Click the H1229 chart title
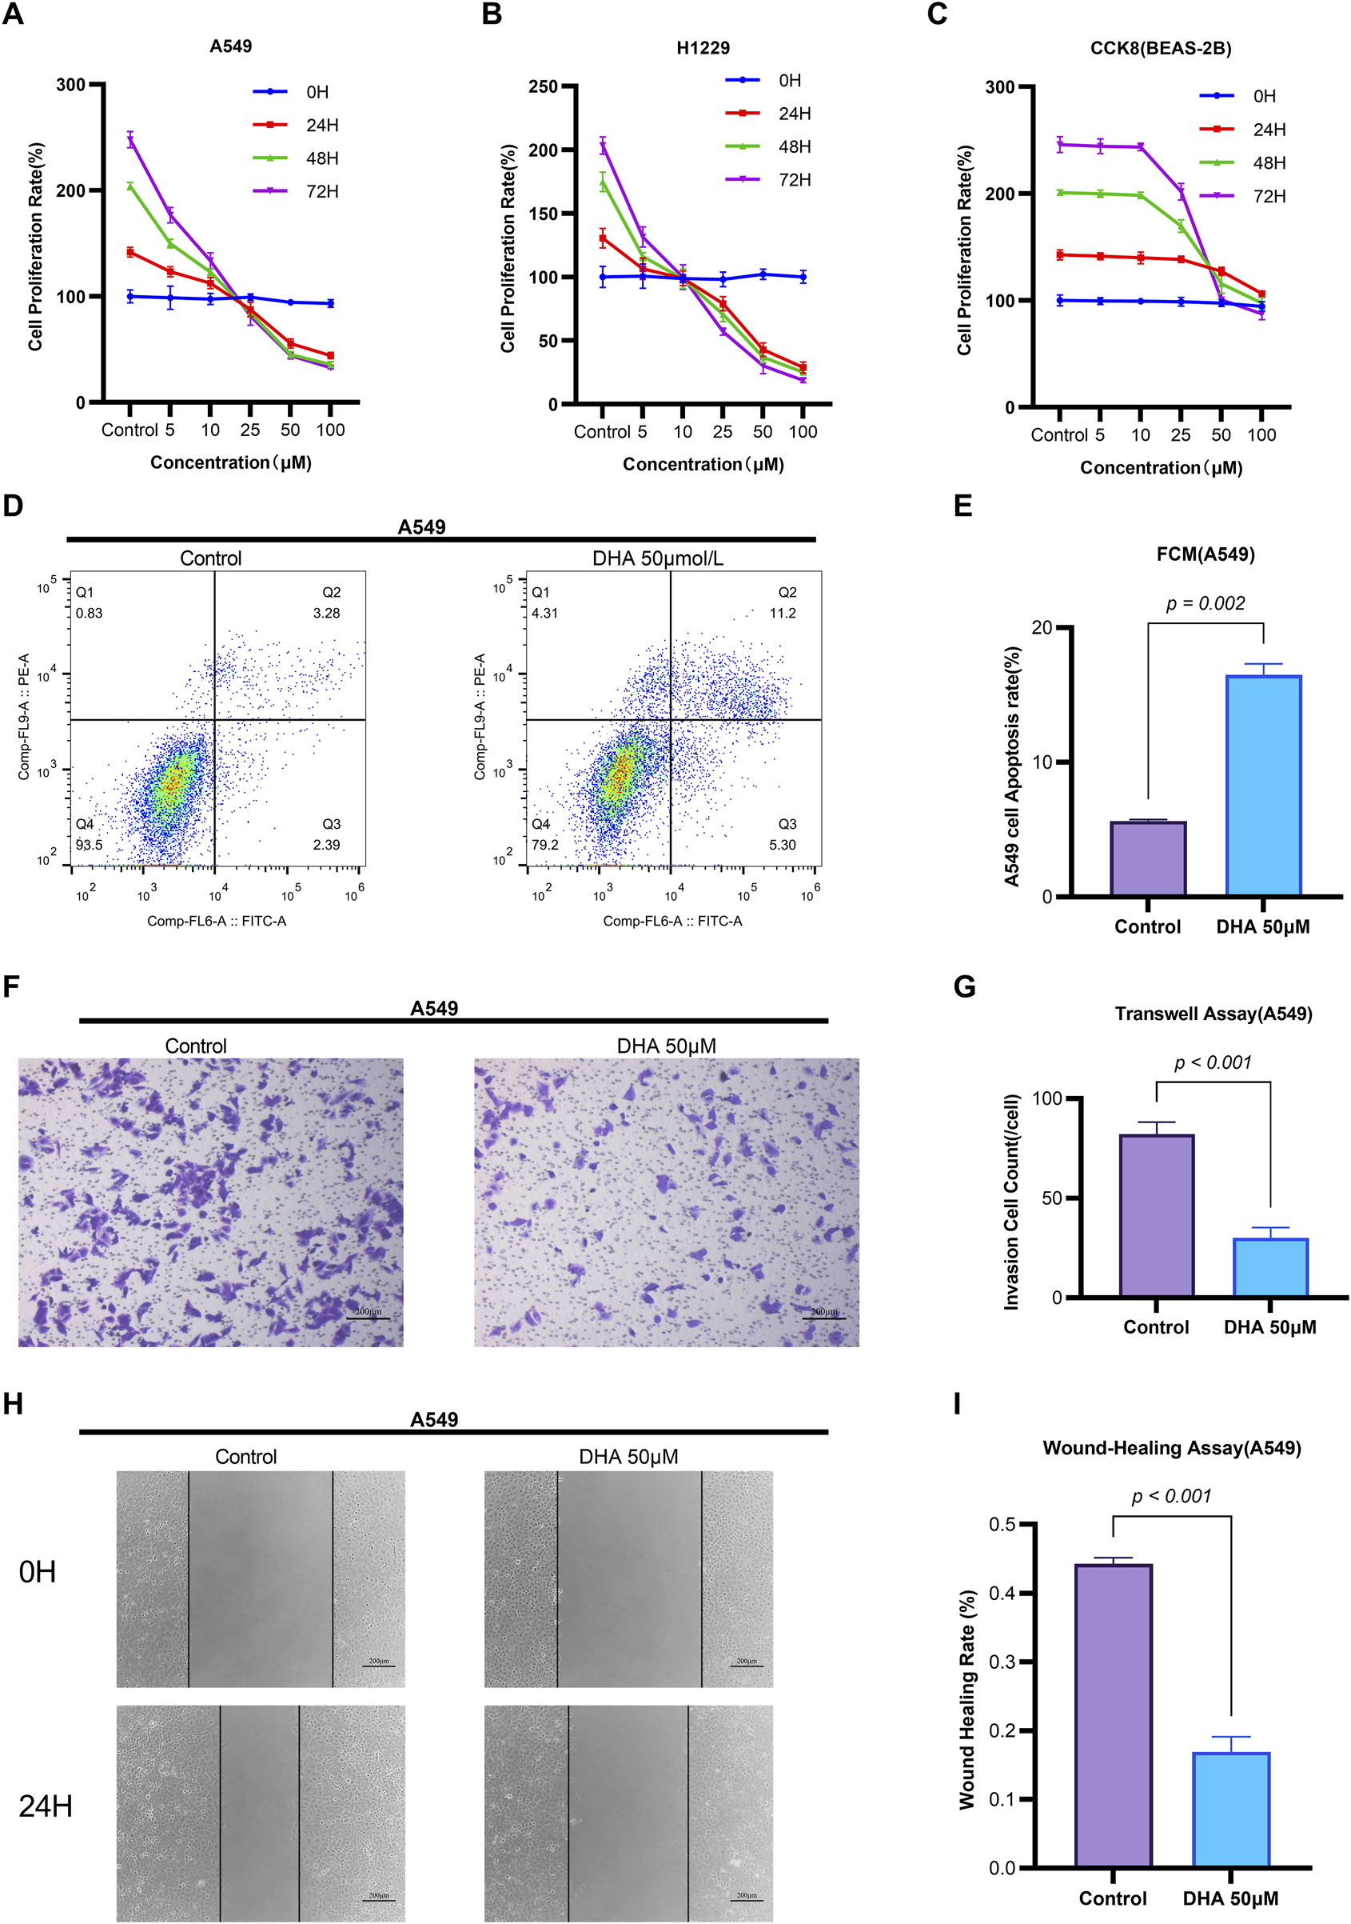(x=703, y=48)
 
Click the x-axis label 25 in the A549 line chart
(x=249, y=430)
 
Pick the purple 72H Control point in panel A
(x=130, y=140)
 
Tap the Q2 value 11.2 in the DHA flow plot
(x=783, y=613)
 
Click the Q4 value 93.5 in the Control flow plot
(x=89, y=845)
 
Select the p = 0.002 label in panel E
(x=1205, y=603)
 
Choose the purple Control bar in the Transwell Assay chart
(x=1156, y=1215)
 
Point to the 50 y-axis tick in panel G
(x=1052, y=1198)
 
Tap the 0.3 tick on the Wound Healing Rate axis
(x=1002, y=1662)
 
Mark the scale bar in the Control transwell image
(x=368, y=1319)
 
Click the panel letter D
(x=13, y=506)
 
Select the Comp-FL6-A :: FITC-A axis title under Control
(x=216, y=921)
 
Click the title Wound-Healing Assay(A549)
(x=1171, y=1448)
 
